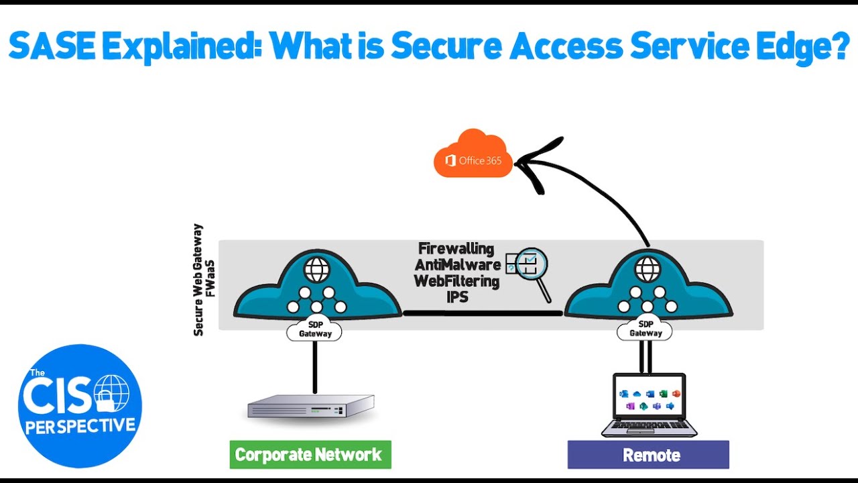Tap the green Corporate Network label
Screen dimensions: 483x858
[310, 455]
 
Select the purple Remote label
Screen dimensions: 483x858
[648, 455]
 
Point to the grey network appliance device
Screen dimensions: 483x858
[310, 407]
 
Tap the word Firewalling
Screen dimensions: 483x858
[456, 249]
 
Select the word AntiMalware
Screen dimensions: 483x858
[457, 265]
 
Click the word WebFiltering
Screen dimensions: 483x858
[456, 281]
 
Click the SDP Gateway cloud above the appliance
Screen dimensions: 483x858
[314, 329]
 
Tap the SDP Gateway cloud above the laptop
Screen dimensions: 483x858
[645, 329]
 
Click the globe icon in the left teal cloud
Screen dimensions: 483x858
[316, 270]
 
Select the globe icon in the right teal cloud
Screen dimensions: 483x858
[648, 270]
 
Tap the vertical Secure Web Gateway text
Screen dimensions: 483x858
[198, 280]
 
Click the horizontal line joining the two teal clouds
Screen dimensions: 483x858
[483, 313]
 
